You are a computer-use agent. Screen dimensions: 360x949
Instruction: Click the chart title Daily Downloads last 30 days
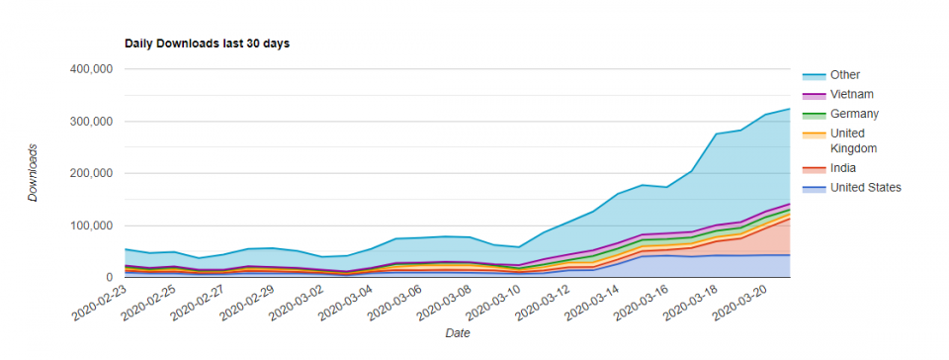(207, 44)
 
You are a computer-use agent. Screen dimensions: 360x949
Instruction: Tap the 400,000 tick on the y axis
(88, 69)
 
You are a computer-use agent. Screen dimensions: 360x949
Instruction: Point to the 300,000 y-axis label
(88, 122)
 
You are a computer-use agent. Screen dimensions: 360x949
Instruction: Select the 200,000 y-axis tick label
(88, 173)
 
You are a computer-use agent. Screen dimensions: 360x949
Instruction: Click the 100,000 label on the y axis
(88, 225)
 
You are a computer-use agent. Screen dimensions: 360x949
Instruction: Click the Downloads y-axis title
(33, 173)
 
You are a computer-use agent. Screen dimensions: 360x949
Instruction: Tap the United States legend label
(866, 188)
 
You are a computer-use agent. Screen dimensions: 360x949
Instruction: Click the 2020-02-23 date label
(99, 304)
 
